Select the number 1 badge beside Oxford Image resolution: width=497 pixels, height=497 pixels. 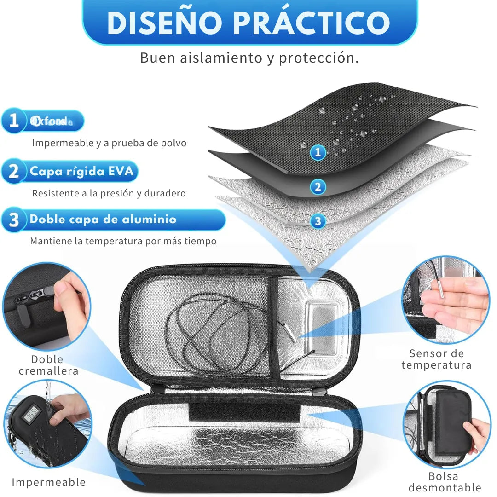pos(14,121)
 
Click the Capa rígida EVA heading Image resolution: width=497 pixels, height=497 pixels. pos(81,172)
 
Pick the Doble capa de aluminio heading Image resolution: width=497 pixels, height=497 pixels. pos(103,220)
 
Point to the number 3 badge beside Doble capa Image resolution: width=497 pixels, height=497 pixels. pos(14,220)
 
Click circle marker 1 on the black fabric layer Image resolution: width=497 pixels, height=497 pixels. pos(318,153)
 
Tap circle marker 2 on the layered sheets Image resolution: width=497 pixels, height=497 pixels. pos(318,187)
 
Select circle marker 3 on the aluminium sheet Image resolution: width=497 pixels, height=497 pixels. pos(318,221)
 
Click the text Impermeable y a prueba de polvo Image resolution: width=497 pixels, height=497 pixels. pos(109,143)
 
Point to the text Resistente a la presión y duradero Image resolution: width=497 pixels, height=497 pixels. pos(109,193)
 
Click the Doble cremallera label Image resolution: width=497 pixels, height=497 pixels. pos(48,365)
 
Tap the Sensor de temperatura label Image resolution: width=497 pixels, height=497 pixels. pos(436,359)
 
